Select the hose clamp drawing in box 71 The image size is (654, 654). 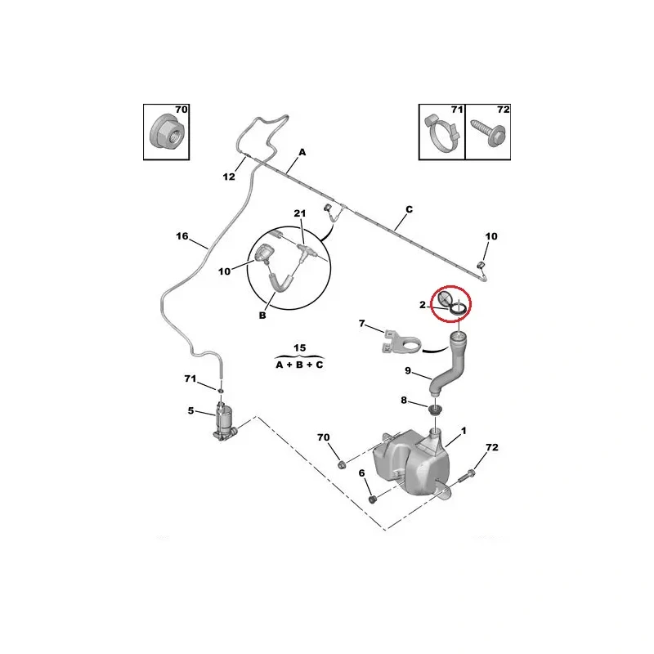pyautogui.click(x=441, y=135)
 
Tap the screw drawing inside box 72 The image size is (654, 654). pyautogui.click(x=488, y=135)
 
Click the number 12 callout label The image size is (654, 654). pyautogui.click(x=230, y=177)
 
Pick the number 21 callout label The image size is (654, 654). pyautogui.click(x=299, y=214)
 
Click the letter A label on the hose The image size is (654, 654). pyautogui.click(x=302, y=152)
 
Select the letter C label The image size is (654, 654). pyautogui.click(x=409, y=209)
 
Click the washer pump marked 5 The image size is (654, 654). pyautogui.click(x=224, y=422)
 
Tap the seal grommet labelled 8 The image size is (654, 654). pyautogui.click(x=436, y=407)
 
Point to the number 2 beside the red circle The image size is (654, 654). pyautogui.click(x=423, y=305)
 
